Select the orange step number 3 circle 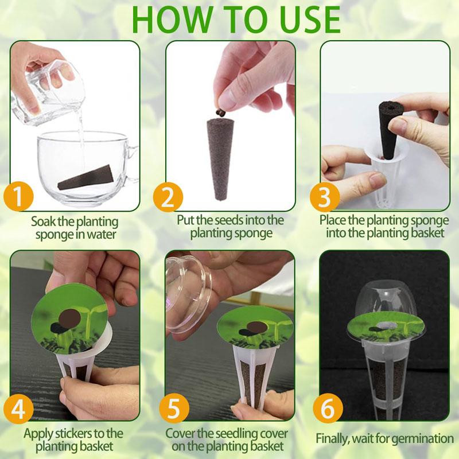coord(325,197)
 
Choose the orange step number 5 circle coord(174,409)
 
